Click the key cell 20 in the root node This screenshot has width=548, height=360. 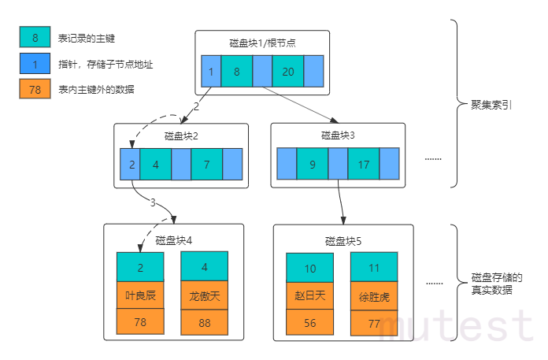(287, 72)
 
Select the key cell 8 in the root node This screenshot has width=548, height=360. (236, 72)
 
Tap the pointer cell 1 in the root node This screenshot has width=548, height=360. (211, 72)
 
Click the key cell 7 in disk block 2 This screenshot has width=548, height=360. (205, 165)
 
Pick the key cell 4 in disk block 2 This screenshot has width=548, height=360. (156, 165)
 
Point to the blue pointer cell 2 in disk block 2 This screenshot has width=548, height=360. (131, 165)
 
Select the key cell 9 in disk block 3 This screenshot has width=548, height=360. (312, 165)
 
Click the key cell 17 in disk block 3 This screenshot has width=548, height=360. (363, 165)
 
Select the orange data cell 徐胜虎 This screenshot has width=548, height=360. (374, 297)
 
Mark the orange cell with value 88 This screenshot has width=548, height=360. (204, 321)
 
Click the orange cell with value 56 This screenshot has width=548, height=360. (309, 321)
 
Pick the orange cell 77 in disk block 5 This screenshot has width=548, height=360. (374, 322)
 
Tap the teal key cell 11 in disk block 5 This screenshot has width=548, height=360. (374, 269)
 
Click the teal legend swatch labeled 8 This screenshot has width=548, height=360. (35, 37)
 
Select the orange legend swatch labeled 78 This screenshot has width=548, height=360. (35, 90)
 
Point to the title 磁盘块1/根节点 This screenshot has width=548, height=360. (257, 43)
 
